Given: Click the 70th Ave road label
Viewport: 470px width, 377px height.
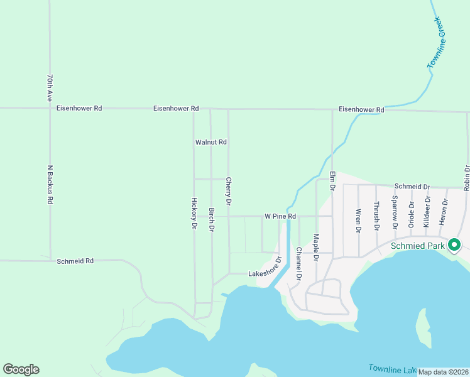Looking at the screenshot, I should (x=49, y=88).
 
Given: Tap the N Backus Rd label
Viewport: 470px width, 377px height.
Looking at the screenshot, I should (x=49, y=185).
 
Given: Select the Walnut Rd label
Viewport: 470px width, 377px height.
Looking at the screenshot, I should (x=210, y=143).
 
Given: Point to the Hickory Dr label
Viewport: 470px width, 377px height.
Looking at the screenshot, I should (x=194, y=214).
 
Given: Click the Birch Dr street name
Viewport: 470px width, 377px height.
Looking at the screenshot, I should (x=212, y=220).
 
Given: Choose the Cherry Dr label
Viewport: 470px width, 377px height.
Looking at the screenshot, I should (x=229, y=192).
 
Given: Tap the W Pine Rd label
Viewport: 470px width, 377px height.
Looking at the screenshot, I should (x=280, y=216).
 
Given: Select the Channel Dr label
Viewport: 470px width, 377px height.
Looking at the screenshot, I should (x=298, y=263).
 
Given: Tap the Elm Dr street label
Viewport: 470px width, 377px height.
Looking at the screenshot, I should (x=333, y=180).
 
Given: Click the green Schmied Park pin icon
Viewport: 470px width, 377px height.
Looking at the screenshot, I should (x=455, y=246).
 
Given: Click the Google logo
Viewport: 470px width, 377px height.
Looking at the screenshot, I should (x=21, y=369).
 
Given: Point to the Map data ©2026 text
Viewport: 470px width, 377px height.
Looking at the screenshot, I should (x=443, y=372).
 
